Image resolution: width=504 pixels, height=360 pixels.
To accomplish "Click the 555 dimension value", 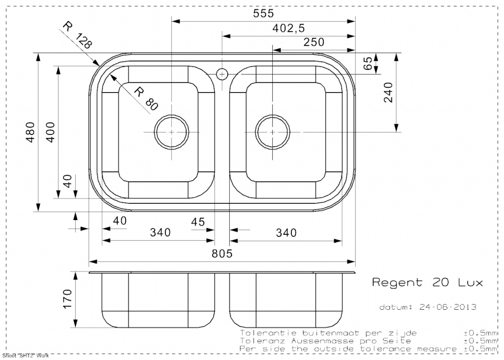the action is point(263,13).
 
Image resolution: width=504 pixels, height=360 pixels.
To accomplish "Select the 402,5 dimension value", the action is point(288,28).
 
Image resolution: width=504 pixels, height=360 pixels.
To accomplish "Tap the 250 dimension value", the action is point(314,42).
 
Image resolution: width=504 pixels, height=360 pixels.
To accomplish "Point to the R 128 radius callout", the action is point(77,35).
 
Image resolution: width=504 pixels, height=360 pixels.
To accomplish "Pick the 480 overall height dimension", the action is point(31,132).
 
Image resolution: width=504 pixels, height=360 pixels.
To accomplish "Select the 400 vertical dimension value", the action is point(51,132).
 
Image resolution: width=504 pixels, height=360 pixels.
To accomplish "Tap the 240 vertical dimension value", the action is point(388,92).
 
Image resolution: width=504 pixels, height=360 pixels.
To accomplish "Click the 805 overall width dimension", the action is point(222,254).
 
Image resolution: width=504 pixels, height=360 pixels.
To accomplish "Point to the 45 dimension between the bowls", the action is point(198,222).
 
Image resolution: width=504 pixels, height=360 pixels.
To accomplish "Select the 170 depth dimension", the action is point(67,299).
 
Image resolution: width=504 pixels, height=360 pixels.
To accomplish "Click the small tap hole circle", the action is point(222,74).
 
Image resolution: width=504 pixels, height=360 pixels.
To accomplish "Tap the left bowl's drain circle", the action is point(171,132).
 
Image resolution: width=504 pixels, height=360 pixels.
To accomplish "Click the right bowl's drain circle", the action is point(273,132).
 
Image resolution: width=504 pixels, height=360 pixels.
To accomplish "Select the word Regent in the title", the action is point(397,283).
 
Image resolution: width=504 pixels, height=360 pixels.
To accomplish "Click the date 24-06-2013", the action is point(448,307).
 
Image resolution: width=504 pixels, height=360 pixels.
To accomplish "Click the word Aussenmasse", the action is point(322,341).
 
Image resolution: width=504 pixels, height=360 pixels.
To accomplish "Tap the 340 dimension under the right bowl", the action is point(286,232).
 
